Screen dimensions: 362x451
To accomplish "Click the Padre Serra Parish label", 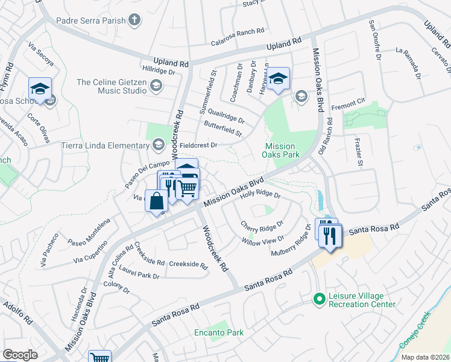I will [x=90, y=21].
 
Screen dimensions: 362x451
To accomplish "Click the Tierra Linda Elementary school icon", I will [x=158, y=145].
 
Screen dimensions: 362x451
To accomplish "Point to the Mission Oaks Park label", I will [x=280, y=150].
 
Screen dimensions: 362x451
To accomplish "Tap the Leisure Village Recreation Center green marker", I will [x=318, y=298].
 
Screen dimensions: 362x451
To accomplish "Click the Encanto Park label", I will [x=218, y=332].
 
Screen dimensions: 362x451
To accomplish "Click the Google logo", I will [x=20, y=354].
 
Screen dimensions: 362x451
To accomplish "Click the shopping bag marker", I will [x=156, y=201].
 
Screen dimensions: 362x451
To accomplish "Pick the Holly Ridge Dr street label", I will [x=260, y=195].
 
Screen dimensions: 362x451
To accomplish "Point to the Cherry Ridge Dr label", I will [x=262, y=226].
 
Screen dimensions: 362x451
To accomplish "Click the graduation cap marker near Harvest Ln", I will [x=278, y=78].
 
